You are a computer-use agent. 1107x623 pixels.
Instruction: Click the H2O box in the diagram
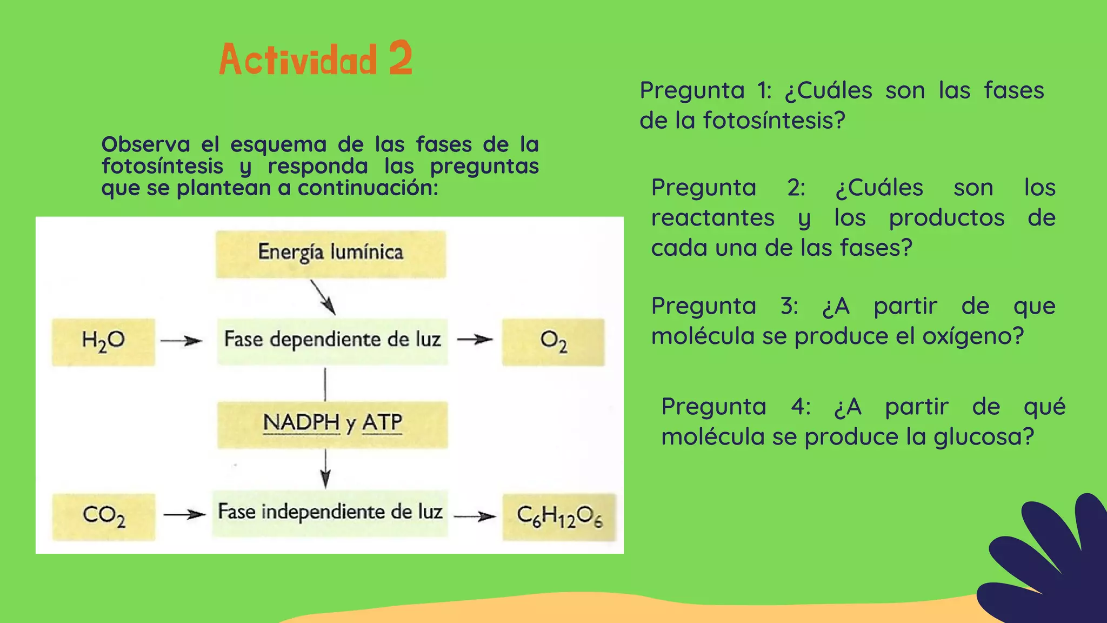(x=103, y=342)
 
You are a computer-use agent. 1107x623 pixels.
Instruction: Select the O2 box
(x=553, y=342)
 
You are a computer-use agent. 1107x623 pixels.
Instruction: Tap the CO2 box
(x=103, y=516)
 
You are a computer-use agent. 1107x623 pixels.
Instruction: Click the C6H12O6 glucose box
(x=559, y=516)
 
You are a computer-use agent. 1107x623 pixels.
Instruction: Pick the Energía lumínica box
(x=331, y=254)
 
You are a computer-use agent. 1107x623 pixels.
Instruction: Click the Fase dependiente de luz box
(x=332, y=341)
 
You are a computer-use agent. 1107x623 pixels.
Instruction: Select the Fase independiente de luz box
(x=330, y=513)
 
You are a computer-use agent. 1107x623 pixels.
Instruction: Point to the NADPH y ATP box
(x=332, y=424)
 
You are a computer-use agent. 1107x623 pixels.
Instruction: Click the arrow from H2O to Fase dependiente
(x=182, y=341)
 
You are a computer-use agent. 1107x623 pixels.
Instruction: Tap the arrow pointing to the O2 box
(x=475, y=340)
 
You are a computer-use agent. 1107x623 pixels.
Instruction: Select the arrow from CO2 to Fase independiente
(x=184, y=514)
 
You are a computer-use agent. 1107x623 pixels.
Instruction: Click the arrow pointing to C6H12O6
(x=475, y=516)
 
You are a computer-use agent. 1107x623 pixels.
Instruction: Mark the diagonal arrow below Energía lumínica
(x=323, y=297)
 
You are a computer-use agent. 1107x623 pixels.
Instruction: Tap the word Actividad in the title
(x=298, y=59)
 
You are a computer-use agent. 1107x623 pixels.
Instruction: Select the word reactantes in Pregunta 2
(x=712, y=217)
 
